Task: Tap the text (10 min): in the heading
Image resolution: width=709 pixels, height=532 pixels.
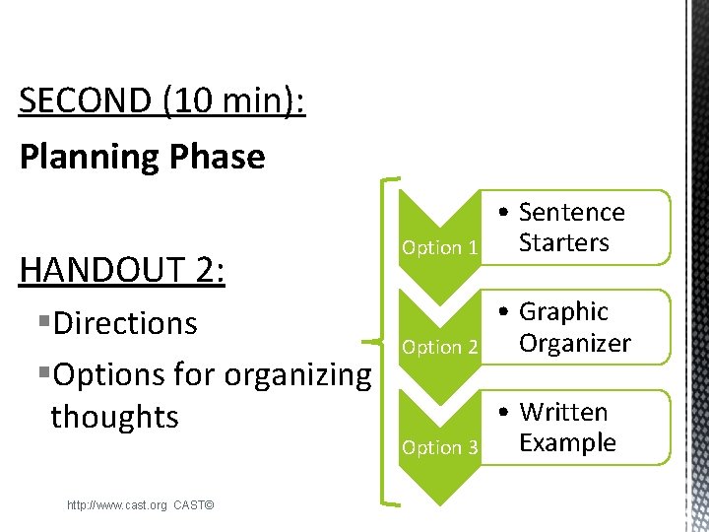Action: (x=237, y=100)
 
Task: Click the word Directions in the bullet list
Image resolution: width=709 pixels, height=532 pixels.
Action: (x=125, y=323)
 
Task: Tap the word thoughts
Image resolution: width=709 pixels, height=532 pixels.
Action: (x=114, y=417)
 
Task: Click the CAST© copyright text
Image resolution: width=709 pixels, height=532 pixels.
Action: (x=194, y=505)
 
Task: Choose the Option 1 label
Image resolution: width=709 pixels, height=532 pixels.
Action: (x=439, y=248)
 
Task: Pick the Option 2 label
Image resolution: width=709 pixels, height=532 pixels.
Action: (x=439, y=348)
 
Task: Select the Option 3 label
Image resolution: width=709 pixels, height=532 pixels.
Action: (x=439, y=448)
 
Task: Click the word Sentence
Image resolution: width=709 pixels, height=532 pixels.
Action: (x=571, y=213)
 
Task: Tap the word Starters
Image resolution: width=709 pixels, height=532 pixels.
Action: (x=564, y=243)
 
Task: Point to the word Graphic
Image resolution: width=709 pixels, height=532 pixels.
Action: (x=563, y=312)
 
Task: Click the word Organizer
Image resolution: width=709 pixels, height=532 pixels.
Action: (x=574, y=344)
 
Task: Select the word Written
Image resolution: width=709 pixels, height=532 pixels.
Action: (x=563, y=413)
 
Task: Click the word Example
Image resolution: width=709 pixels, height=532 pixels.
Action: (x=567, y=443)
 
